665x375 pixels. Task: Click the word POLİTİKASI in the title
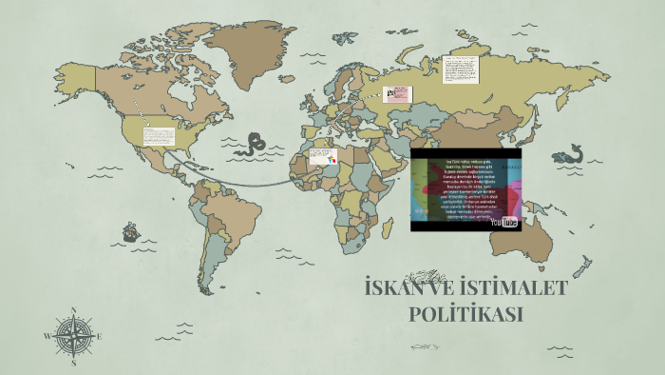tap(466, 314)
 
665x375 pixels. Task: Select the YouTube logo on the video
tap(504, 222)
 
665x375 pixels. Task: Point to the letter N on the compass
tap(73, 310)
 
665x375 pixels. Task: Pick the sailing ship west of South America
tap(131, 231)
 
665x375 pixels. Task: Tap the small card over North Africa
tap(324, 157)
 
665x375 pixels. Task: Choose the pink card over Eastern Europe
tap(400, 94)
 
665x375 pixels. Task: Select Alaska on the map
tap(71, 71)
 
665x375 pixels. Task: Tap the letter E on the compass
tap(99, 336)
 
